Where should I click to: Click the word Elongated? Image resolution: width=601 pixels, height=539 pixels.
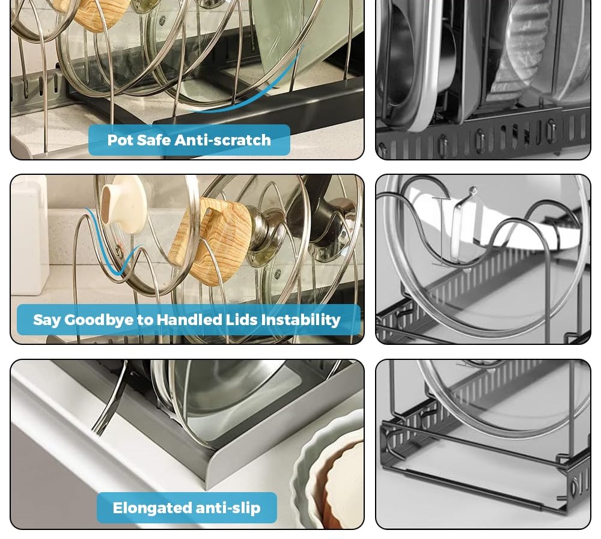152,508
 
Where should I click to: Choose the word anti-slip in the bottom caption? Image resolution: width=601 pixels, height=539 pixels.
228,508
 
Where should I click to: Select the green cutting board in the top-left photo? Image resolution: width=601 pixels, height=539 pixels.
303,42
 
